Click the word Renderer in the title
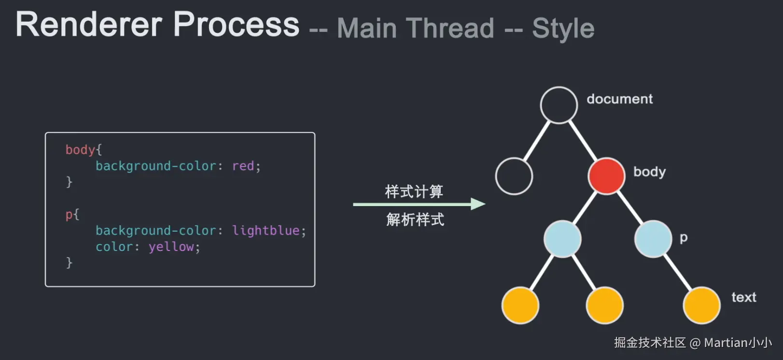click(89, 25)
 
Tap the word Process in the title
click(236, 25)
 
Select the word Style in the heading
click(563, 28)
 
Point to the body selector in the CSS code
click(81, 150)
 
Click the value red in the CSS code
click(243, 166)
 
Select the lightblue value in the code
click(266, 231)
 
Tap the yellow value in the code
click(171, 247)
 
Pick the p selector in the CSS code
click(69, 214)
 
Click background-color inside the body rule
click(155, 166)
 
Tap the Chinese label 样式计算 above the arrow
click(414, 192)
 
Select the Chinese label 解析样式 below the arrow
click(415, 220)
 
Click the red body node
click(606, 176)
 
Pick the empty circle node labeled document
click(559, 105)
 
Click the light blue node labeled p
click(653, 239)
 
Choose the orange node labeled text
click(701, 305)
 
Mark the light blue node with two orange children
click(562, 239)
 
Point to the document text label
click(619, 99)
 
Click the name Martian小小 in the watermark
click(737, 343)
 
